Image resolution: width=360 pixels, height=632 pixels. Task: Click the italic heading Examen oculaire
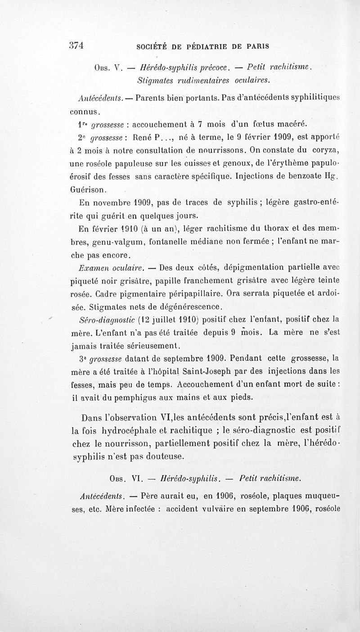[112, 268]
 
